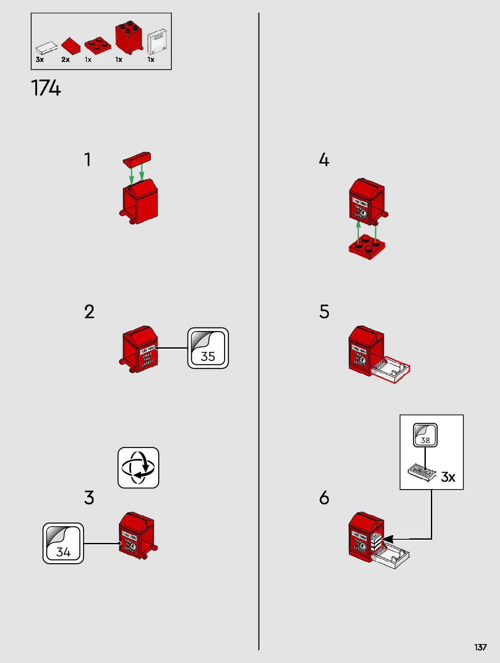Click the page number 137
480,647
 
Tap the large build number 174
46,88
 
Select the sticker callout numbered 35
208,348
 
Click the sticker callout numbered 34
63,543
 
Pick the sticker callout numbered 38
425,435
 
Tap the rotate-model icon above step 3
138,468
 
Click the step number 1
88,160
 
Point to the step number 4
324,160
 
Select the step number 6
324,498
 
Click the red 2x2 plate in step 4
367,247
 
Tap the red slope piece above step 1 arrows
137,159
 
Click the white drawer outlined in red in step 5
391,369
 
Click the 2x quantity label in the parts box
66,60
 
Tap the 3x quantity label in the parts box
40,60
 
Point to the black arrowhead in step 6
388,539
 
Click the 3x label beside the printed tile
448,477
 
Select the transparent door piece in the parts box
157,42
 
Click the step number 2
89,312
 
